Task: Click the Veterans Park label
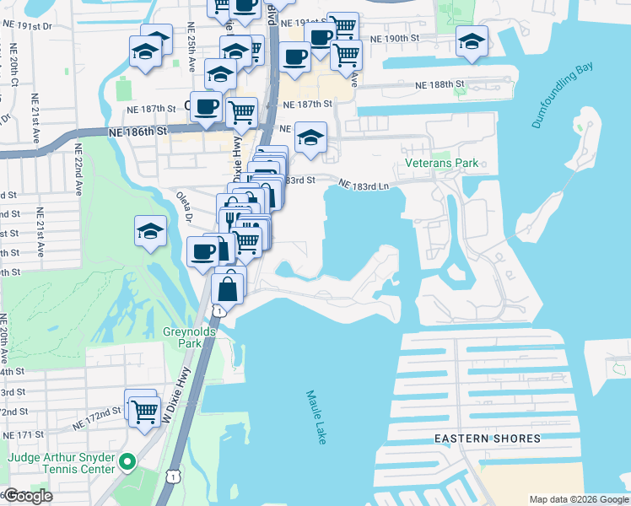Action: [x=441, y=163]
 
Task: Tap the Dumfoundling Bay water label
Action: [x=564, y=96]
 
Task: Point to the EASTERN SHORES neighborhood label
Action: [x=488, y=439]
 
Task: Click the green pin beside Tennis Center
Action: [x=127, y=461]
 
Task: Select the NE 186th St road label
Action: [x=138, y=132]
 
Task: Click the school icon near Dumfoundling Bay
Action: [x=472, y=40]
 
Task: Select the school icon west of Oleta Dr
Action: [x=150, y=230]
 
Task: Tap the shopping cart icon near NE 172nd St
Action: [x=144, y=411]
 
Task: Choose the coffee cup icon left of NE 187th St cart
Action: [x=206, y=107]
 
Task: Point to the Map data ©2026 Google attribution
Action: [x=578, y=499]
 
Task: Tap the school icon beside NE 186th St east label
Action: [x=310, y=137]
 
